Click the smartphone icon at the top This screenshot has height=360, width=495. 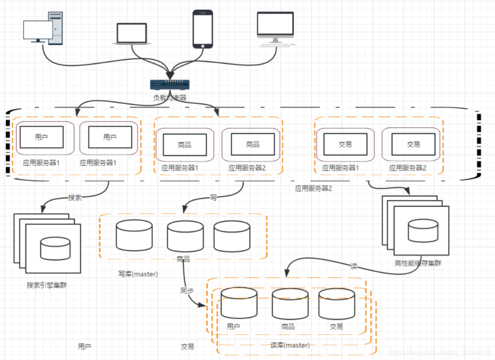point(203,29)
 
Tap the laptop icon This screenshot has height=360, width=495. point(132,34)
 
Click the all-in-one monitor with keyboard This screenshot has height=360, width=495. point(275,29)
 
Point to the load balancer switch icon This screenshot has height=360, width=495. point(170,84)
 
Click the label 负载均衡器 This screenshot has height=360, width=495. point(170,98)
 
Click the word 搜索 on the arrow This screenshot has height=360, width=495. point(75,197)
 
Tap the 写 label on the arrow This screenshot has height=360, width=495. point(213,197)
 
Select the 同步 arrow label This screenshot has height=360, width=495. point(187,290)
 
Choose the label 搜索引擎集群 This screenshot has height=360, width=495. point(47,285)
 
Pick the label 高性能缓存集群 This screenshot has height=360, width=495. point(418,263)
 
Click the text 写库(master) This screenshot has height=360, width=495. point(138,274)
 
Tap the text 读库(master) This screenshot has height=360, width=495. point(290,345)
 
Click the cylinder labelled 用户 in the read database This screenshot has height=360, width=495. point(239,303)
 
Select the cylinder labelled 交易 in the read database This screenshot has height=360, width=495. point(336,303)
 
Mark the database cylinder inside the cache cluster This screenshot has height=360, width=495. point(423,230)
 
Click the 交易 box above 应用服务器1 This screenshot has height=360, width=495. point(345,144)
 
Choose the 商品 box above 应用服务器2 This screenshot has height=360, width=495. point(252,144)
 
